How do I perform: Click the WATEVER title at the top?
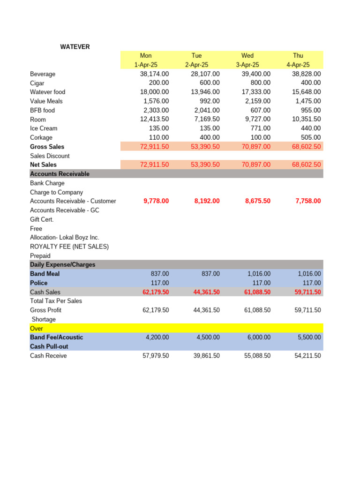pyautogui.click(x=75, y=47)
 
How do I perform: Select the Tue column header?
pyautogui.click(x=196, y=56)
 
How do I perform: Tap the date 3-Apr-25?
pyautogui.click(x=247, y=65)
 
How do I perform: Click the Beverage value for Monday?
pyautogui.click(x=154, y=74)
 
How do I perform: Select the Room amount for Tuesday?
pyautogui.click(x=205, y=119)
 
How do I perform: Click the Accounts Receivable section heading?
pyautogui.click(x=60, y=174)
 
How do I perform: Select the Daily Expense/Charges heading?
pyautogui.click(x=62, y=265)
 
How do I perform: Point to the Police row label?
pyautogui.click(x=39, y=283)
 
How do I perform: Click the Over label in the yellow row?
pyautogui.click(x=37, y=329)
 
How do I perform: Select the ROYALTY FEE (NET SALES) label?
pyautogui.click(x=69, y=247)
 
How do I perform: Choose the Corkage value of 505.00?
pyautogui.click(x=310, y=137)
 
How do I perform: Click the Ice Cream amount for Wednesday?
pyautogui.click(x=261, y=128)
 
